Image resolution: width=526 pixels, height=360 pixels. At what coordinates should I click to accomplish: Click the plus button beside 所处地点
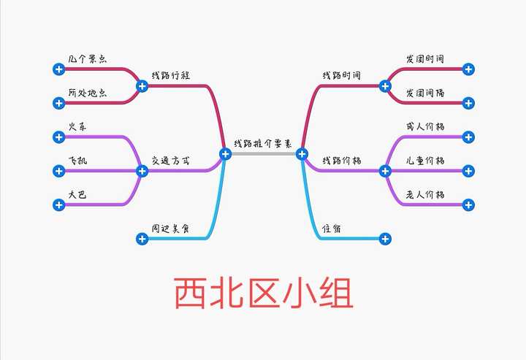pyautogui.click(x=59, y=103)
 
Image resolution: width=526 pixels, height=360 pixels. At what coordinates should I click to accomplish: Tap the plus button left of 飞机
pyautogui.click(x=59, y=171)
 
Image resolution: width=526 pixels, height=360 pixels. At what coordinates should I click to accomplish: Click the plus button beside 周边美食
pyautogui.click(x=142, y=239)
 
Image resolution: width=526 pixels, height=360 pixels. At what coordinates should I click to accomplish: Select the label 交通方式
pyautogui.click(x=170, y=160)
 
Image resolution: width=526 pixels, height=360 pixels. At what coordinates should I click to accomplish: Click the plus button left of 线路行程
pyautogui.click(x=142, y=86)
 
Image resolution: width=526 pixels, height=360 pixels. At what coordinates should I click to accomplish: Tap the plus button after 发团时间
pyautogui.click(x=468, y=69)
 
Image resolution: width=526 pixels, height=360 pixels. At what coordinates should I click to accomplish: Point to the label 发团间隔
pyautogui.click(x=425, y=93)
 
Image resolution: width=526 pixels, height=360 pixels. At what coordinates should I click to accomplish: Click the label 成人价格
pyautogui.click(x=425, y=127)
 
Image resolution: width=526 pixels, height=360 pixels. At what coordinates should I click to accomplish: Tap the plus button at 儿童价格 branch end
pyautogui.click(x=468, y=171)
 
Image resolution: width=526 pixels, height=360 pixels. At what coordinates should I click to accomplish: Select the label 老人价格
pyautogui.click(x=425, y=195)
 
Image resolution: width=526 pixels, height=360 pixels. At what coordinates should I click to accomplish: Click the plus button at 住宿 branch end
pyautogui.click(x=385, y=239)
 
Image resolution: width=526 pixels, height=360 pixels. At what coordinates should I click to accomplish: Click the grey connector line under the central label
pyautogui.click(x=263, y=153)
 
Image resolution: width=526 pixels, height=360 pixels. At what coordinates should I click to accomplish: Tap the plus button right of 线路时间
pyautogui.click(x=385, y=86)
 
